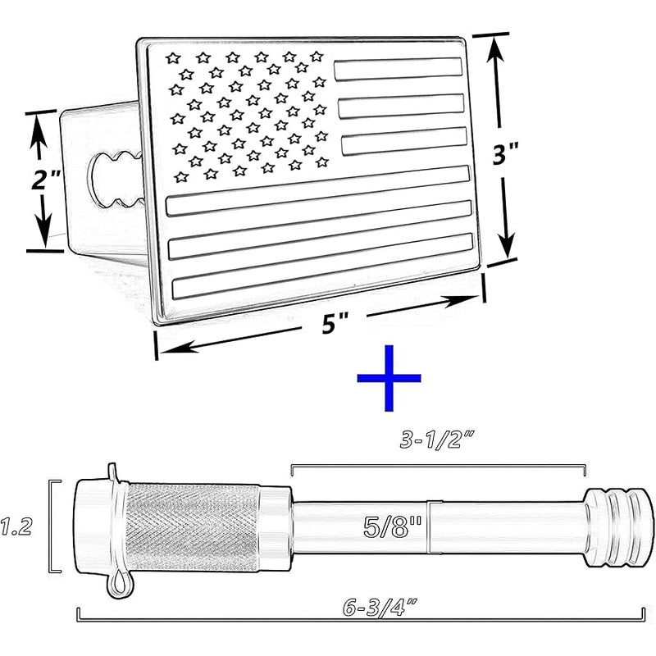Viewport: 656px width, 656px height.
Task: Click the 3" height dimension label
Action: click(506, 153)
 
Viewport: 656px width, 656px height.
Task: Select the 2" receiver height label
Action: click(45, 179)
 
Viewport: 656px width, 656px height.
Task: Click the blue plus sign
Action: click(389, 378)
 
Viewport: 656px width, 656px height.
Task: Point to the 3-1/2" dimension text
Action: click(437, 440)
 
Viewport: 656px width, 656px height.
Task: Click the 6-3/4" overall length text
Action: click(380, 608)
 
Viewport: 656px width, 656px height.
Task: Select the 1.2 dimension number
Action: click(16, 526)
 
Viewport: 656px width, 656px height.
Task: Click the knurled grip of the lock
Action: click(193, 527)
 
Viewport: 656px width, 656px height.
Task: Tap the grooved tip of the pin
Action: click(618, 526)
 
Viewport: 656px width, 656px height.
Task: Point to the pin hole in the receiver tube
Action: click(115, 179)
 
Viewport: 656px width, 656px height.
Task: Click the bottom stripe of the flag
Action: click(322, 266)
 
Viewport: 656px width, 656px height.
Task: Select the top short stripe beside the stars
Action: click(398, 69)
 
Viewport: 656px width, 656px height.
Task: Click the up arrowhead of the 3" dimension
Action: click(496, 50)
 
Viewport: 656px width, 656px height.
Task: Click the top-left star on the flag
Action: click(173, 57)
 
